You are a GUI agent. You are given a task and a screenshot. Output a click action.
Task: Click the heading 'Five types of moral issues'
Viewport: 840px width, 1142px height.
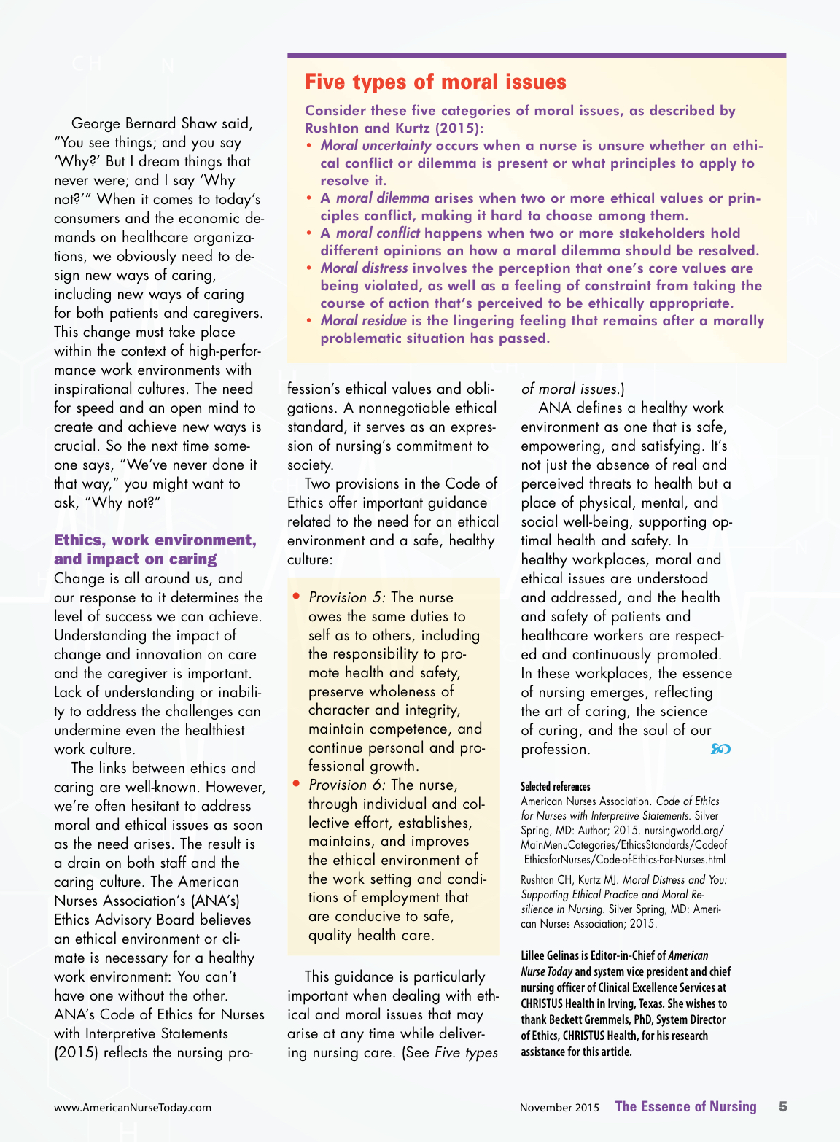(435, 82)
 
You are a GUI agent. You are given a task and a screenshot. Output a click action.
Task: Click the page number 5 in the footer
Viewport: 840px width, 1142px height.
(783, 1106)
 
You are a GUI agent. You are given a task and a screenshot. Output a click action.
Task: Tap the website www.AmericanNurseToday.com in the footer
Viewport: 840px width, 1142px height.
(133, 1107)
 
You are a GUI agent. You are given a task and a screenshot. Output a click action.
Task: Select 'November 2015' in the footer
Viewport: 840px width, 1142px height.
(559, 1107)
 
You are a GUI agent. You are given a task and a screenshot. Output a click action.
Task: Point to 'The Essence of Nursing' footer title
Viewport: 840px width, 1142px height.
(685, 1106)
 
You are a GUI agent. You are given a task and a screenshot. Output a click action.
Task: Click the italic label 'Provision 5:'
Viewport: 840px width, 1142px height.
(347, 598)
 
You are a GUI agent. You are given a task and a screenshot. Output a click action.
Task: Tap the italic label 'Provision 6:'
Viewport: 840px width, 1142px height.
(347, 785)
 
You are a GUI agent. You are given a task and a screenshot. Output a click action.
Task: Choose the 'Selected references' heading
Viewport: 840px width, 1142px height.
(556, 786)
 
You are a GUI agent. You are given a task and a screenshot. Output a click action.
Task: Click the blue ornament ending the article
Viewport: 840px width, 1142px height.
(720, 749)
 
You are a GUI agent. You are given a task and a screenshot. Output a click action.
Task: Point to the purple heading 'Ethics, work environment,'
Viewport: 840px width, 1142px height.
(155, 540)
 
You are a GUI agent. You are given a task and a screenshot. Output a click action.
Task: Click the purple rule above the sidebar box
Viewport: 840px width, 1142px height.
(536, 55)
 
